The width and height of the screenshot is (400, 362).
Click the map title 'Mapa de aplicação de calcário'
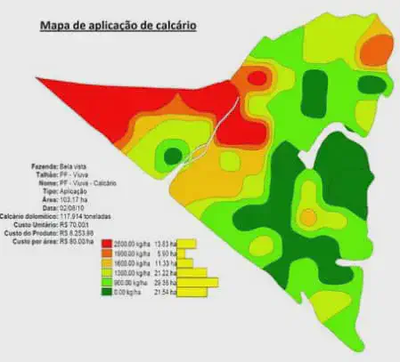pyautogui.click(x=118, y=26)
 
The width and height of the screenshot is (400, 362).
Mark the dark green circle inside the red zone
pyautogui.click(x=170, y=157)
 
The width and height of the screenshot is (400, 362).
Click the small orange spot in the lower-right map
pyautogui.click(x=307, y=216)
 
